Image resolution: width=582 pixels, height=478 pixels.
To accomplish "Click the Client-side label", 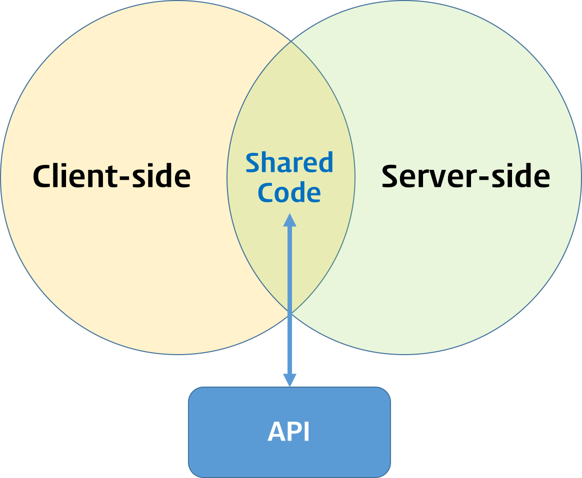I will tap(111, 176).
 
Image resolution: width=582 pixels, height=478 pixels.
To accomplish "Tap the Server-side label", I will tap(465, 176).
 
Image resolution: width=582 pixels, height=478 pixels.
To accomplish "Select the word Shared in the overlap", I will tap(289, 163).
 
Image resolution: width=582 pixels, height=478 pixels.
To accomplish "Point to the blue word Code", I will tap(289, 193).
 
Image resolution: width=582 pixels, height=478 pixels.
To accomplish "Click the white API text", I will tap(289, 432).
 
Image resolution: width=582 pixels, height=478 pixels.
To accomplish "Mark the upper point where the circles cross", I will tap(291, 42).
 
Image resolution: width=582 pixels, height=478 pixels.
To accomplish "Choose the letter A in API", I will tap(277, 432).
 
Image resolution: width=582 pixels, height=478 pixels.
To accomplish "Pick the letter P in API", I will tap(294, 432).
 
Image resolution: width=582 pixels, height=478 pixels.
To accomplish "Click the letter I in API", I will tap(306, 432).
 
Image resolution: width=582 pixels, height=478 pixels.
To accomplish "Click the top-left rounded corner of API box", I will tap(193, 391).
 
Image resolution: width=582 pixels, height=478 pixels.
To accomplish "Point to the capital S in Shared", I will tap(253, 163).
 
